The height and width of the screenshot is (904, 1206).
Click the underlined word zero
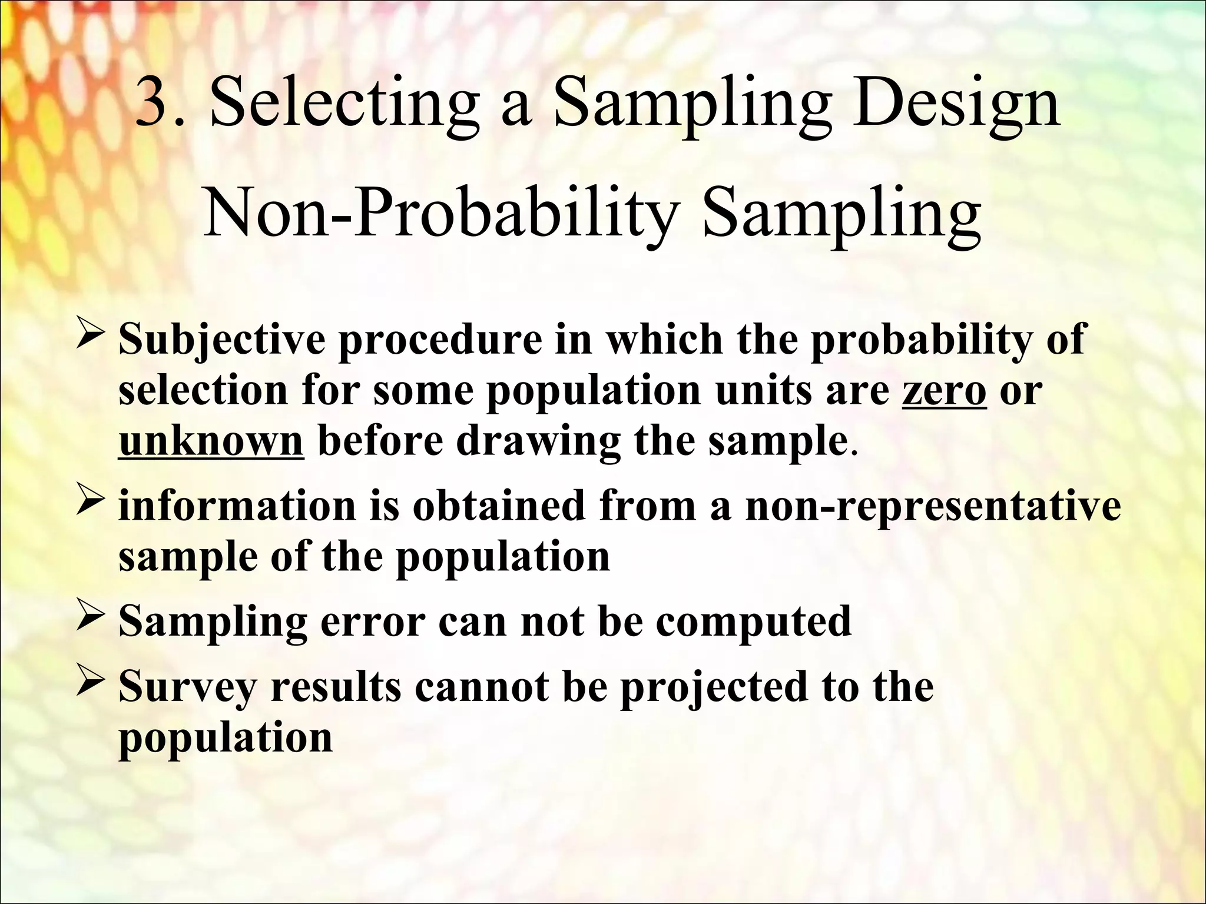click(x=943, y=390)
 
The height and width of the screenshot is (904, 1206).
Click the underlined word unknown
click(x=211, y=441)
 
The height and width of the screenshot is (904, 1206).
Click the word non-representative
click(x=932, y=506)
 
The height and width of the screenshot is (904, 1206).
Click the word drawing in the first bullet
click(x=538, y=442)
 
